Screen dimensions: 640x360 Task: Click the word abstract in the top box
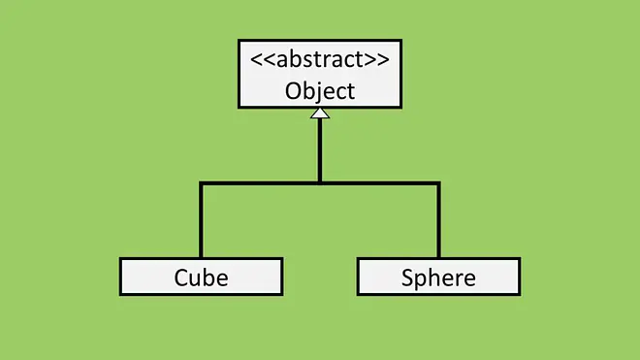click(320, 59)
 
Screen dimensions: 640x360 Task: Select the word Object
click(320, 91)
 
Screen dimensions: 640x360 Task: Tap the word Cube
click(202, 278)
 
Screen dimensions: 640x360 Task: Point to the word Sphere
click(438, 278)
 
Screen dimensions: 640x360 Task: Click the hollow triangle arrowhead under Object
click(320, 114)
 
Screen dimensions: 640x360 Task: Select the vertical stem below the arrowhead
click(320, 150)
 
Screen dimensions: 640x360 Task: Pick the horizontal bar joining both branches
click(320, 183)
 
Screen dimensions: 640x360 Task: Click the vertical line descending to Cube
click(202, 220)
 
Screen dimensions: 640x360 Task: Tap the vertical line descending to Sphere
click(438, 220)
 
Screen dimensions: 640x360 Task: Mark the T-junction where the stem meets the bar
click(320, 183)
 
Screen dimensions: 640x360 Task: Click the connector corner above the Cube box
click(202, 183)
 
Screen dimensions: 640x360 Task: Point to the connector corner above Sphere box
click(438, 183)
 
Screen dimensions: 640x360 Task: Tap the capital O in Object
click(293, 91)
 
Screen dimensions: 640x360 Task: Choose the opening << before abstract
click(263, 59)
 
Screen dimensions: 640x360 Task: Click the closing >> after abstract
click(377, 59)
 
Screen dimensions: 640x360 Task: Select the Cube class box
click(202, 277)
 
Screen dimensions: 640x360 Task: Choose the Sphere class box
click(438, 277)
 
